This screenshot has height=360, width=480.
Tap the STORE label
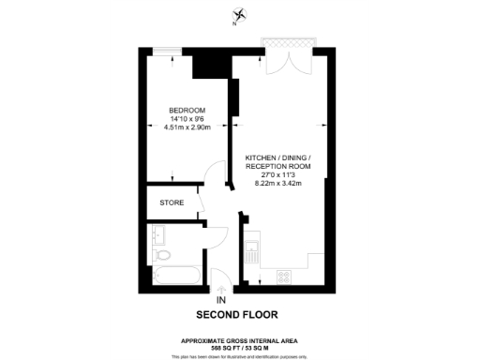[171, 202]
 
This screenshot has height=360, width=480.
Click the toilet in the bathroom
[163, 254]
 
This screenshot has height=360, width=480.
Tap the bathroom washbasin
[157, 233]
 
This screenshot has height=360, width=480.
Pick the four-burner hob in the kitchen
[285, 276]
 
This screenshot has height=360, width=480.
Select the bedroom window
[171, 50]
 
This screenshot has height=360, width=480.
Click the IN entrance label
[220, 300]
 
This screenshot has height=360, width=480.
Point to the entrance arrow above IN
[220, 286]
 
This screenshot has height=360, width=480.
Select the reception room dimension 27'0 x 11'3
[277, 174]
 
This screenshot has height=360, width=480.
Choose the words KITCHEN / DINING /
[277, 157]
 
